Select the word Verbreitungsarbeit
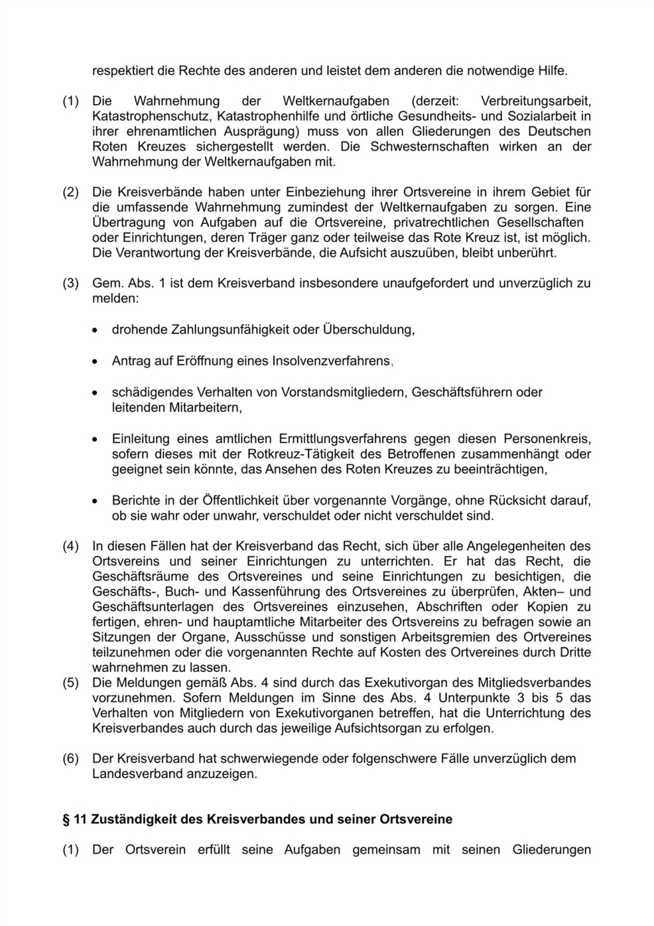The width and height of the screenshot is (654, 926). point(535,101)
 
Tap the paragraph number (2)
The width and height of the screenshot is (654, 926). point(70,192)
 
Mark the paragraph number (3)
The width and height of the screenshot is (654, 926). point(70,284)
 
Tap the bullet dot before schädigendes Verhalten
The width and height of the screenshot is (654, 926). point(95,393)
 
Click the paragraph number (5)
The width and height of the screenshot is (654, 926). point(70,683)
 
